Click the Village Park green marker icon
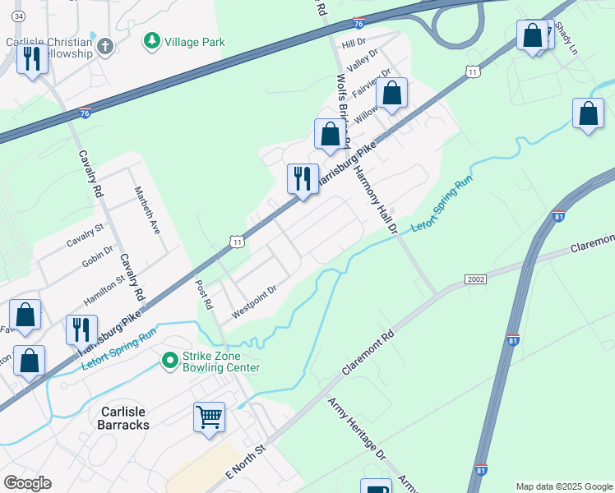click(x=151, y=40)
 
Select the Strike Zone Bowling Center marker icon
click(x=169, y=360)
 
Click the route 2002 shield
click(x=475, y=279)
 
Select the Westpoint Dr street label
click(x=254, y=302)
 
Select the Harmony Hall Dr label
click(x=375, y=195)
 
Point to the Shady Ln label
click(x=566, y=35)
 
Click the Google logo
click(x=27, y=483)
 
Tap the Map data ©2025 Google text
click(x=563, y=486)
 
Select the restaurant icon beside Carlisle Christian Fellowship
click(x=32, y=60)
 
